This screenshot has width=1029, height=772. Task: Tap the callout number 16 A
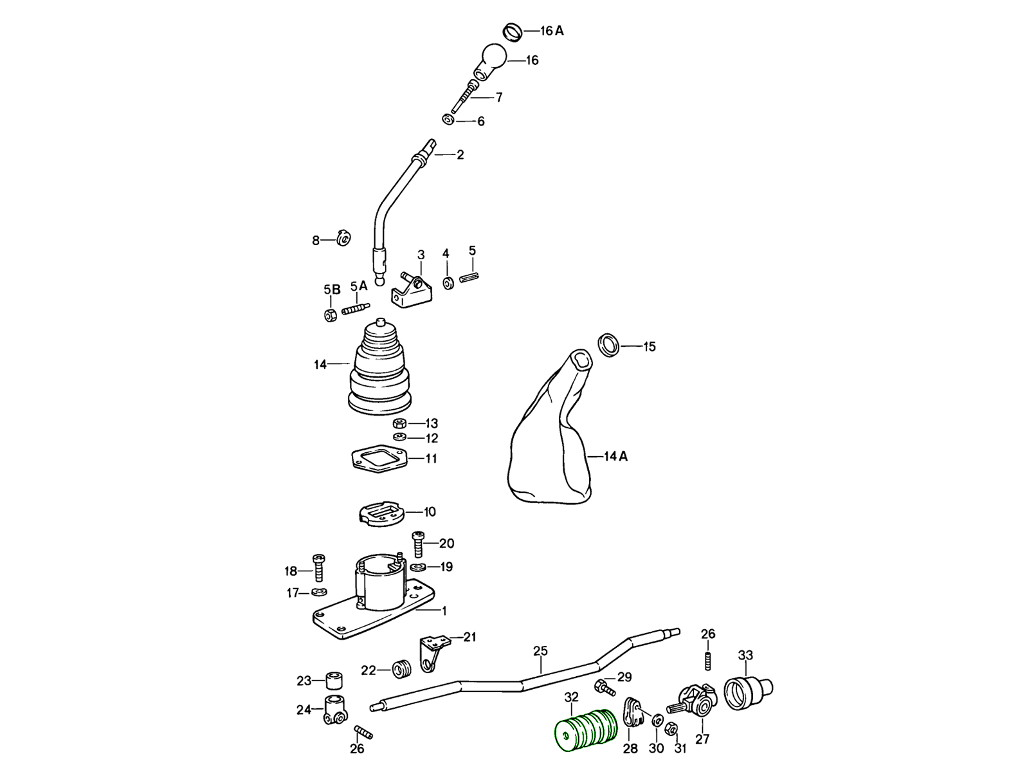click(551, 31)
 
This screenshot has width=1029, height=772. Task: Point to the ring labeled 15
click(609, 344)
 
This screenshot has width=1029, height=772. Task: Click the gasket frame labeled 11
click(379, 459)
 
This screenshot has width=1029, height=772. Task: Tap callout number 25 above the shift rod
click(540, 650)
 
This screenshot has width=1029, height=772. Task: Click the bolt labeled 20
click(418, 544)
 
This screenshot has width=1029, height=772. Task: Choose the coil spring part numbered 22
click(401, 670)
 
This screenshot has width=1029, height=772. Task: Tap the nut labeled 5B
click(331, 315)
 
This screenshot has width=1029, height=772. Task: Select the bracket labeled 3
click(412, 291)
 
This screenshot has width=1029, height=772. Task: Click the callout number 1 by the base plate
click(444, 611)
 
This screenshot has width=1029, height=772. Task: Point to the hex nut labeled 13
click(399, 423)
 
